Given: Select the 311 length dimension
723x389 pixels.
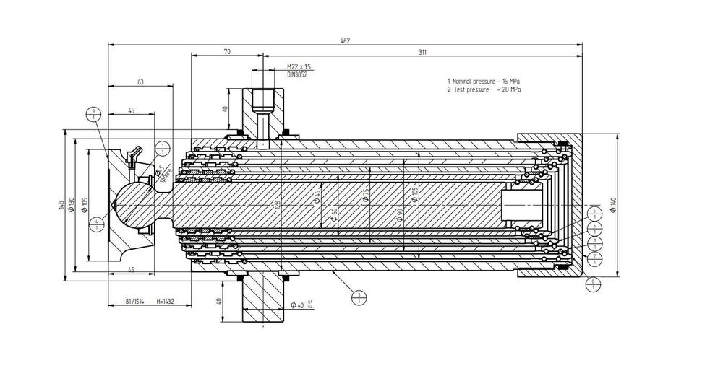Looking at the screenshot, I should pyautogui.click(x=422, y=53).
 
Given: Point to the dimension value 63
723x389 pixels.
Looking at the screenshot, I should pyautogui.click(x=140, y=82).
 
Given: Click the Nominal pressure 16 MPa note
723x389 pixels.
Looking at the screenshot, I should pyautogui.click(x=484, y=82).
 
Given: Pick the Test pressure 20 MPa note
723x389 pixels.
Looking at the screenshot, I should pyautogui.click(x=484, y=90).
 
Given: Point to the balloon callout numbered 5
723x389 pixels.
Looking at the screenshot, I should pyautogui.click(x=594, y=212).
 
